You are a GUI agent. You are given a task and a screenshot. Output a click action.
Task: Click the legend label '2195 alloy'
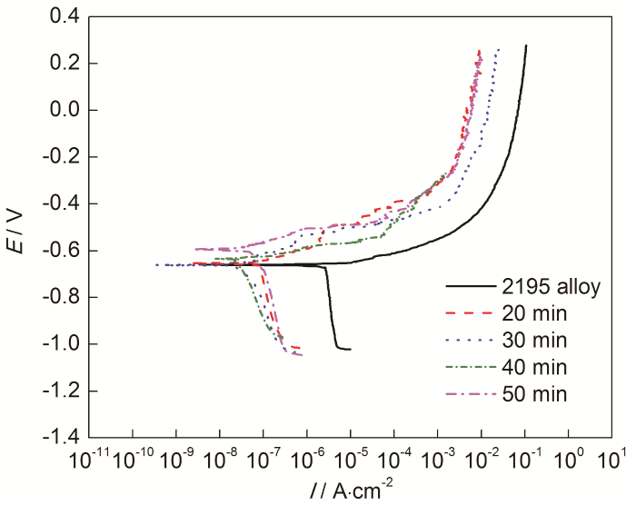click(547, 287)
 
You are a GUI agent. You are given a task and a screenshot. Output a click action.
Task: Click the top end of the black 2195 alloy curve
click(526, 45)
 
